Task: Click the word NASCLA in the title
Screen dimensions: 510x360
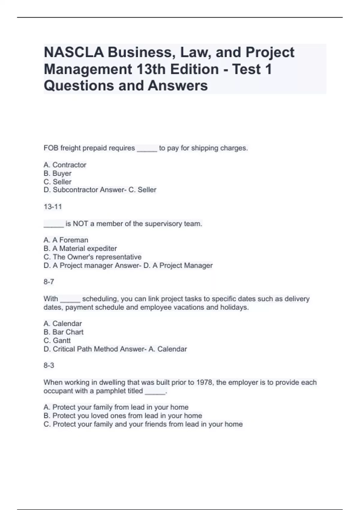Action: pos(74,52)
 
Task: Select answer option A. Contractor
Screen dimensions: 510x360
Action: pos(65,165)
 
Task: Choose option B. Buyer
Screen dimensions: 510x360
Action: pos(58,173)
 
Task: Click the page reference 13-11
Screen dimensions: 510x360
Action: pos(52,207)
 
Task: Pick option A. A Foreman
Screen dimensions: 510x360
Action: pos(66,240)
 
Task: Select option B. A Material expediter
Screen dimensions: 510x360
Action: pos(80,248)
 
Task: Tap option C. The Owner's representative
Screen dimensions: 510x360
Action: pos(92,257)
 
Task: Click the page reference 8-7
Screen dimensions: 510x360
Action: pos(49,282)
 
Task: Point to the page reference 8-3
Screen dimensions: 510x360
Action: pos(49,365)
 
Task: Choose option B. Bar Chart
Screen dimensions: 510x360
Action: pos(63,332)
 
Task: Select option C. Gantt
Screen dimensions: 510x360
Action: pos(57,340)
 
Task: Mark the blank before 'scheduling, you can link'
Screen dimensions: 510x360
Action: pos(70,299)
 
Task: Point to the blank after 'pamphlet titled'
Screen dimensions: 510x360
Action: pos(155,391)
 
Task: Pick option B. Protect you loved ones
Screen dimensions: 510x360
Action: pos(123,416)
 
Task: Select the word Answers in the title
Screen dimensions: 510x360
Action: pos(178,86)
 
